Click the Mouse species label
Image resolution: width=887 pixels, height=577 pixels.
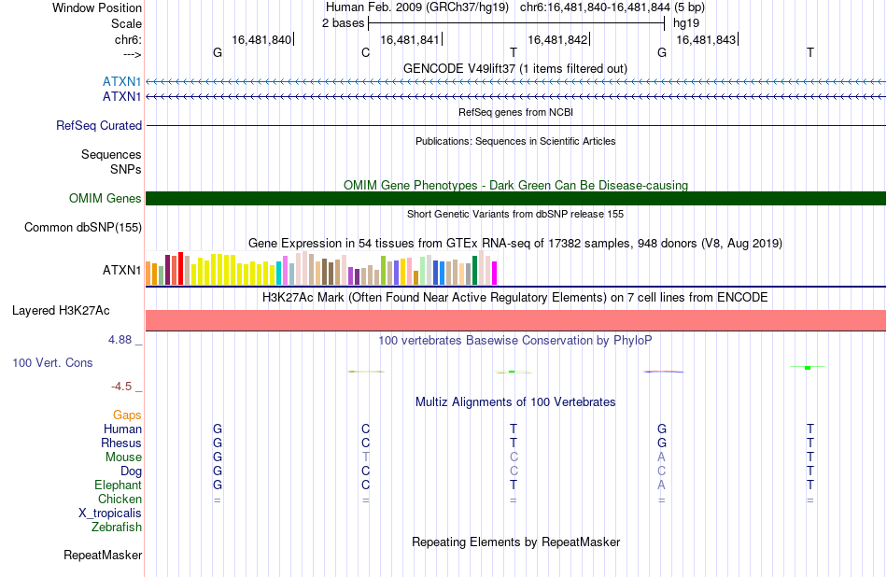[123, 457]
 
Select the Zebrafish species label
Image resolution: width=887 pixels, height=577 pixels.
[117, 528]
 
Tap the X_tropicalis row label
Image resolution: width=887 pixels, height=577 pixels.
[110, 514]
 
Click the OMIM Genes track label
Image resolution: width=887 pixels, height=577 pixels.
[106, 199]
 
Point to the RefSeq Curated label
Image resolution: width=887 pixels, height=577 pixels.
[99, 126]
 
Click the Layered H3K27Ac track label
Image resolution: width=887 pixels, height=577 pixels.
[61, 311]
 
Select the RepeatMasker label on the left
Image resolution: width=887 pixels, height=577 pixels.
[103, 556]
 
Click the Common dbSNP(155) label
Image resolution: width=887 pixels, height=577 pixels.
[83, 228]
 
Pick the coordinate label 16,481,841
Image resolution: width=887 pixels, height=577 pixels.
[410, 40]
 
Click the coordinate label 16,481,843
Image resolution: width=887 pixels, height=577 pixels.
[706, 40]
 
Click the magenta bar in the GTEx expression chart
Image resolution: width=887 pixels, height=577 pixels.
[495, 274]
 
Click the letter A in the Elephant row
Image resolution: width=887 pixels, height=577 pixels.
[661, 486]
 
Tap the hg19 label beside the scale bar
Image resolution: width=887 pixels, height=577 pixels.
[686, 23]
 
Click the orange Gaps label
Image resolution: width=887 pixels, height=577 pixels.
[127, 415]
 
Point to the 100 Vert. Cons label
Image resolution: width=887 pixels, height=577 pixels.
[52, 363]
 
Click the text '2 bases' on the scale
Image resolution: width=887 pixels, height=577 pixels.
[344, 23]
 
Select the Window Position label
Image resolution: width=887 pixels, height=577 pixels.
[97, 7]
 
